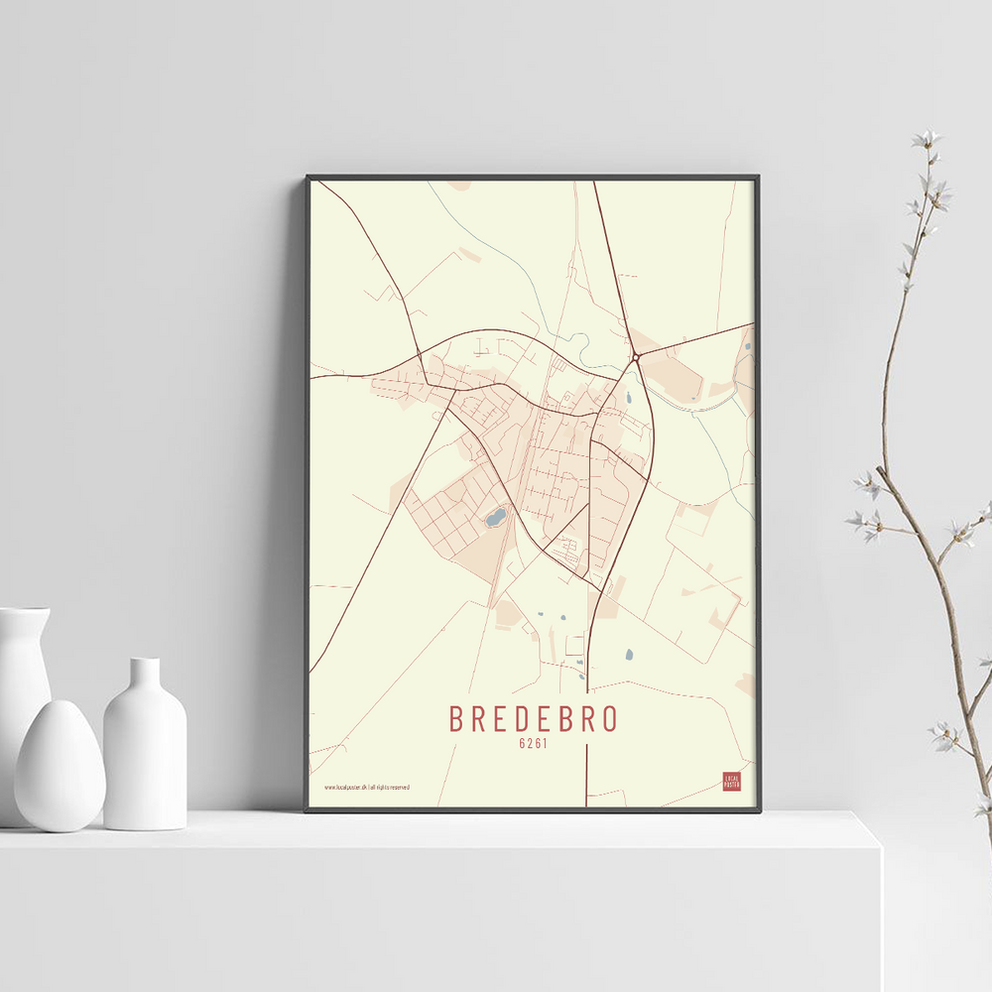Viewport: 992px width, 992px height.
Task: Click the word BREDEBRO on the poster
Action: coord(534,718)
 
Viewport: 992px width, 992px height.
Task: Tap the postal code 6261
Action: coord(534,744)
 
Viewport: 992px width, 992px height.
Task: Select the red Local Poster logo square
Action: coord(732,781)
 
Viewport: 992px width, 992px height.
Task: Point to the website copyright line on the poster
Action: coord(367,787)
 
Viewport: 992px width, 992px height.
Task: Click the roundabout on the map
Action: coord(635,357)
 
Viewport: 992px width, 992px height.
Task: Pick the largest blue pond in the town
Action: coord(494,517)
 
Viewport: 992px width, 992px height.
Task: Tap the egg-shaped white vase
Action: coord(60,765)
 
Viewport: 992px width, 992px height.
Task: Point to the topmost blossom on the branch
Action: coord(928,139)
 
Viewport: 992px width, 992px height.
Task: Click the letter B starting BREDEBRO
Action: coord(457,718)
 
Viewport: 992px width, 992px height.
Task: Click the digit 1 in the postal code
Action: coord(546,744)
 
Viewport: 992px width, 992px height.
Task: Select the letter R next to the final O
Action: coord(588,718)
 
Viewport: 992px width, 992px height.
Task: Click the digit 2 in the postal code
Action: coord(530,744)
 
